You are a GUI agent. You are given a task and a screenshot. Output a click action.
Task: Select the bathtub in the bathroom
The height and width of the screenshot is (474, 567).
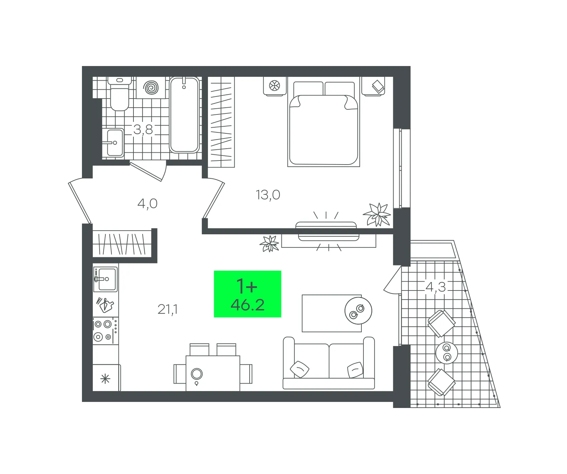[184, 115]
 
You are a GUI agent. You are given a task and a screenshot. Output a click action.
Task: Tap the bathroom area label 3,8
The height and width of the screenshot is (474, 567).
[143, 129]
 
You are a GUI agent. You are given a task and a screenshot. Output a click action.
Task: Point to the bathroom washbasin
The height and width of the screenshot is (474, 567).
[113, 143]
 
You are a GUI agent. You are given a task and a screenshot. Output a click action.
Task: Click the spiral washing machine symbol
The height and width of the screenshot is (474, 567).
[151, 88]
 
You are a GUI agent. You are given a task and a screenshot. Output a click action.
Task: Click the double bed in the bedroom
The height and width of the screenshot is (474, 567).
[323, 124]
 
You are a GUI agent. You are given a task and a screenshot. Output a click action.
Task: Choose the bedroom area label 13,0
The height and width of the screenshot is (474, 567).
[268, 195]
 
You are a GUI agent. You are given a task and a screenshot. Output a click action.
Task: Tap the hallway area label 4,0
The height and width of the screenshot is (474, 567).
[147, 203]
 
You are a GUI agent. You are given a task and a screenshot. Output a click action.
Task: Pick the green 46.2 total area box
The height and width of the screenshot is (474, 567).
[248, 294]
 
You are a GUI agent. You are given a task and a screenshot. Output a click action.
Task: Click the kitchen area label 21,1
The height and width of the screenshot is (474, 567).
[168, 309]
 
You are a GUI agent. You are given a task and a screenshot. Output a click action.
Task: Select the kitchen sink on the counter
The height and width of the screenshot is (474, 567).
[106, 279]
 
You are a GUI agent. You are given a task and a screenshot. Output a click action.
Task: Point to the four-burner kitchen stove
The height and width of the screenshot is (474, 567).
[106, 330]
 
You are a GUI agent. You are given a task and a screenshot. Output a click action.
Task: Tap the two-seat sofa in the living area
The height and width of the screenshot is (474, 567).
[329, 363]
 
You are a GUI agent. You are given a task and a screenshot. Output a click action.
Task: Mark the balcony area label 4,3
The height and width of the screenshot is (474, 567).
[436, 287]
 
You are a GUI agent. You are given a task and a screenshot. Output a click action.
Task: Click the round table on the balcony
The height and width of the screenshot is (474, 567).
[447, 352]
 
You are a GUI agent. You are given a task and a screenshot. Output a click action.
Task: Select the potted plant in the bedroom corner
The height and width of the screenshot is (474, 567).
[377, 214]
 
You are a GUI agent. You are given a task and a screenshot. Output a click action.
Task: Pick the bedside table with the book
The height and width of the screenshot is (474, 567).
[373, 86]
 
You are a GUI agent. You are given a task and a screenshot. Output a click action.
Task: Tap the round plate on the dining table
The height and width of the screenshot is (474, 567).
[197, 374]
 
